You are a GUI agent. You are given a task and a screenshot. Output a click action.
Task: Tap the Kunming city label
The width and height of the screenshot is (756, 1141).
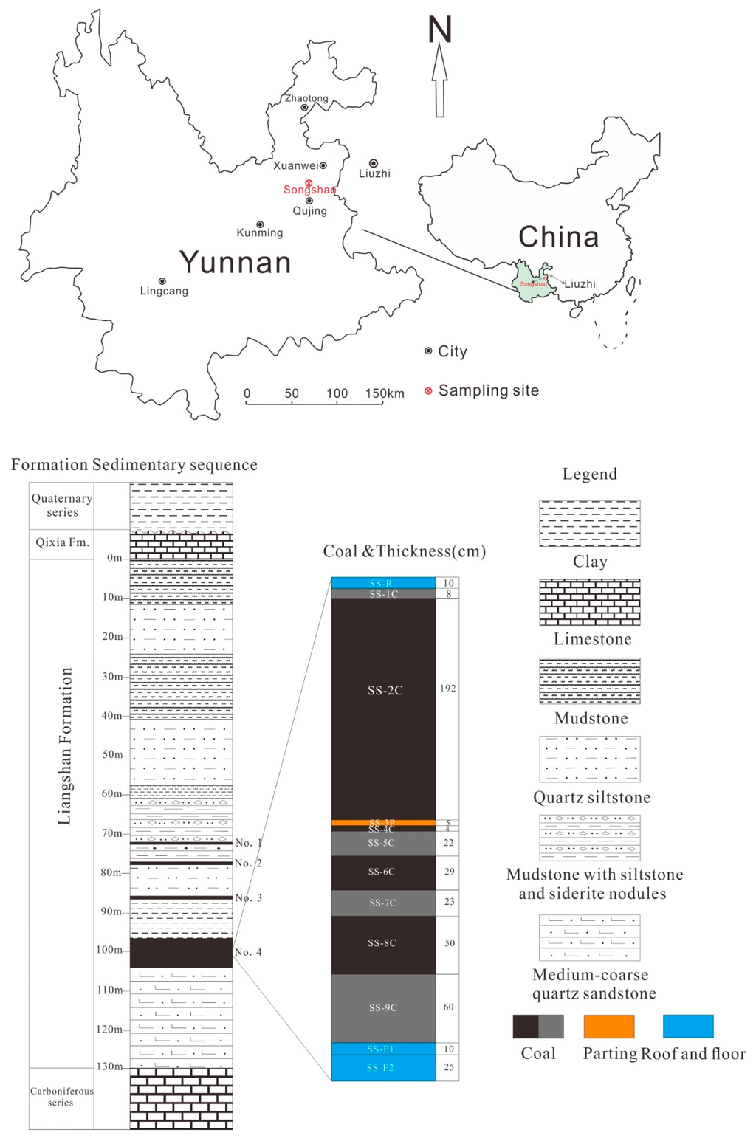(259, 232)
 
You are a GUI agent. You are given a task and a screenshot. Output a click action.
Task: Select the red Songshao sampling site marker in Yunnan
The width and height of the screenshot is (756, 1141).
(309, 183)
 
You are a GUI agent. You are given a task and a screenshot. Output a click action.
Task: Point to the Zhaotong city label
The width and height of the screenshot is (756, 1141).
(306, 98)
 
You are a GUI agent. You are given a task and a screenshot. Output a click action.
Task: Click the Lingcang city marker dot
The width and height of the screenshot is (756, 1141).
(162, 281)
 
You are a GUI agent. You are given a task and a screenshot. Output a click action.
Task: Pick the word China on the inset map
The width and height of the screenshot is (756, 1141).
(558, 237)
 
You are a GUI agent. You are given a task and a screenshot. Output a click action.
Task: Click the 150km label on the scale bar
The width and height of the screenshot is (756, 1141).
(385, 393)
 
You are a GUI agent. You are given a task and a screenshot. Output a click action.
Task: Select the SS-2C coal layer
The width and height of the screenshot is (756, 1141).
(384, 691)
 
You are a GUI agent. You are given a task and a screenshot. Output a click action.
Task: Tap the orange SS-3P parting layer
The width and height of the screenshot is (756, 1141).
(383, 822)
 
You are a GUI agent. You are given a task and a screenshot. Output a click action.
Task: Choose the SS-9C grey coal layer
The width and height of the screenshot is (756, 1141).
(383, 1007)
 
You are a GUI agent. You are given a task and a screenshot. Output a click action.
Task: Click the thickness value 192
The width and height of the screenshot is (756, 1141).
(448, 689)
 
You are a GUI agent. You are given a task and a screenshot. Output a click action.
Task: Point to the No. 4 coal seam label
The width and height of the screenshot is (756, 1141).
(249, 952)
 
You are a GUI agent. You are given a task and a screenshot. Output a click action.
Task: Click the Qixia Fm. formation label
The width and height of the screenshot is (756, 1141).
(62, 542)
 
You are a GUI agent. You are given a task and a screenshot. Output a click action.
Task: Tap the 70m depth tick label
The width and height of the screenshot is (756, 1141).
(112, 833)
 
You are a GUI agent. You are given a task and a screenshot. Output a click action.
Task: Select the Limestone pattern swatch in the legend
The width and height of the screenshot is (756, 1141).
(590, 602)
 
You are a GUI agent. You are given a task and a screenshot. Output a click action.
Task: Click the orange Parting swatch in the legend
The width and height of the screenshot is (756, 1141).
(608, 1026)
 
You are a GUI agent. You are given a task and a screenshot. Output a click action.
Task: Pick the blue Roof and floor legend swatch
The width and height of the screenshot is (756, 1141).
(688, 1026)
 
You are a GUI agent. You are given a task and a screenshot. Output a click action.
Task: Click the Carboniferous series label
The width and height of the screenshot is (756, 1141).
(61, 1097)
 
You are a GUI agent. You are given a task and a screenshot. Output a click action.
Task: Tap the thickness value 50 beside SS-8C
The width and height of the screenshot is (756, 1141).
(450, 943)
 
